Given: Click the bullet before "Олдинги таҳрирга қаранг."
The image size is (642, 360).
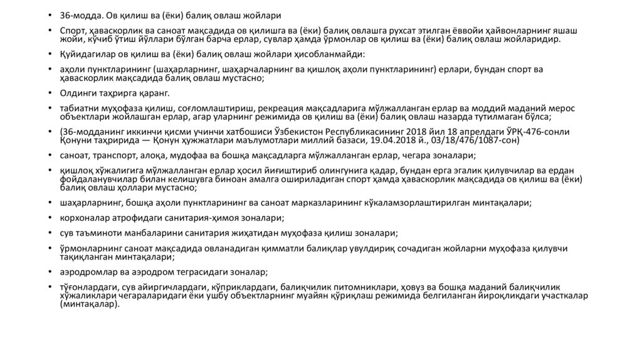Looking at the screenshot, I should tap(52, 93).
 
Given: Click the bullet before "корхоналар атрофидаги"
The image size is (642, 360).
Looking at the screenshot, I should tap(52, 218).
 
